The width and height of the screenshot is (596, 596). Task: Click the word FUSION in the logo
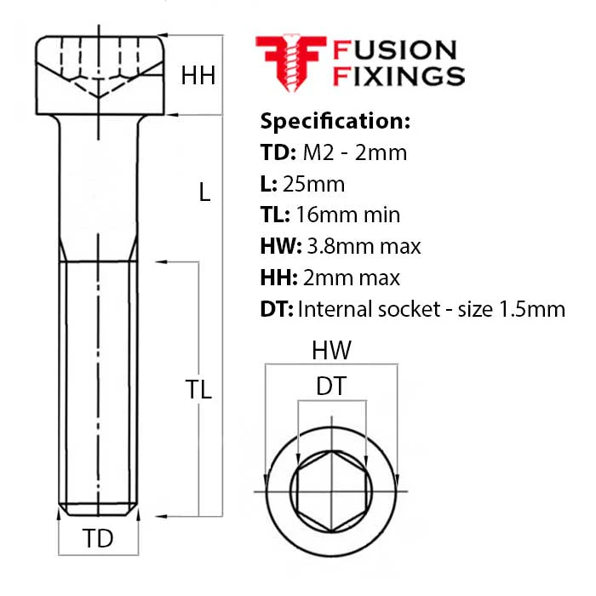click(x=394, y=50)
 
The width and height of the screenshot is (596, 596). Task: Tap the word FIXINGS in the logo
click(x=398, y=76)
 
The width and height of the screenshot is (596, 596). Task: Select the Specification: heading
click(x=335, y=122)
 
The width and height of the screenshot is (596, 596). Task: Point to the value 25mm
click(x=313, y=185)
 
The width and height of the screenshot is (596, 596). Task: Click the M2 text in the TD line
click(x=318, y=152)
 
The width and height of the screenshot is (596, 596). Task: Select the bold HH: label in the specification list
click(x=279, y=278)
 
